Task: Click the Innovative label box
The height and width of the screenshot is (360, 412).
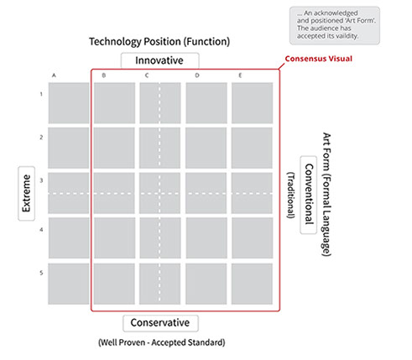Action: pyautogui.click(x=159, y=60)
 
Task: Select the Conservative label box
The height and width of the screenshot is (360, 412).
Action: pyautogui.click(x=160, y=323)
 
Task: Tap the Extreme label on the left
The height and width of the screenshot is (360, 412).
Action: pyautogui.click(x=27, y=193)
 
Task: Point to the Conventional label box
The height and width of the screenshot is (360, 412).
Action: pyautogui.click(x=309, y=195)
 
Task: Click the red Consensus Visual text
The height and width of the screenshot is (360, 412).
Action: pyautogui.click(x=319, y=59)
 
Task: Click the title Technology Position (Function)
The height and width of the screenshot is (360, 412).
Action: pyautogui.click(x=159, y=42)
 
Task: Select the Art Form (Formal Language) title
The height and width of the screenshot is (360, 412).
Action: pyautogui.click(x=326, y=195)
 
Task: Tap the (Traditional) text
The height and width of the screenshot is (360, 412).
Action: pyautogui.click(x=291, y=196)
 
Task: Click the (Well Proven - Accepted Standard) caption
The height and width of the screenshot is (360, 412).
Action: pyautogui.click(x=162, y=342)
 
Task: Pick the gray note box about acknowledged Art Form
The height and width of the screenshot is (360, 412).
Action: pyautogui.click(x=335, y=26)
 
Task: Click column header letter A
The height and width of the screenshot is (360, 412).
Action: pyautogui.click(x=54, y=76)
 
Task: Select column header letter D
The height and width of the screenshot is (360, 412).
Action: pyautogui.click(x=197, y=76)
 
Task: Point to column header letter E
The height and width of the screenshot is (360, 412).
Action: pyautogui.click(x=240, y=76)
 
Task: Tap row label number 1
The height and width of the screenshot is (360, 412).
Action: pyautogui.click(x=41, y=94)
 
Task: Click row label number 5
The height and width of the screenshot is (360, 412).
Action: pyautogui.click(x=41, y=273)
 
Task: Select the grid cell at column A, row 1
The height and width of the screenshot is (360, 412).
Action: pyautogui.click(x=69, y=103)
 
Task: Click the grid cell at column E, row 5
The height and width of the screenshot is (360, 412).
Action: pyautogui.click(x=252, y=284)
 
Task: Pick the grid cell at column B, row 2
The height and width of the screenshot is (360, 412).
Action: pyautogui.click(x=114, y=148)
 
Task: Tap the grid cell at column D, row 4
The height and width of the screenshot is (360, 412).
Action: pyautogui.click(x=206, y=238)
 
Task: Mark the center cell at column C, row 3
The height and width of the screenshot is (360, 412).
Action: pyautogui.click(x=160, y=193)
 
